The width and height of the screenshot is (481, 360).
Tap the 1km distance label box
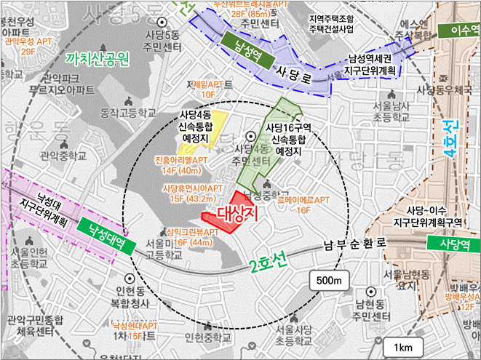(x=402, y=347)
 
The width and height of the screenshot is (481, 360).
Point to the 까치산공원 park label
(x=97, y=57)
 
